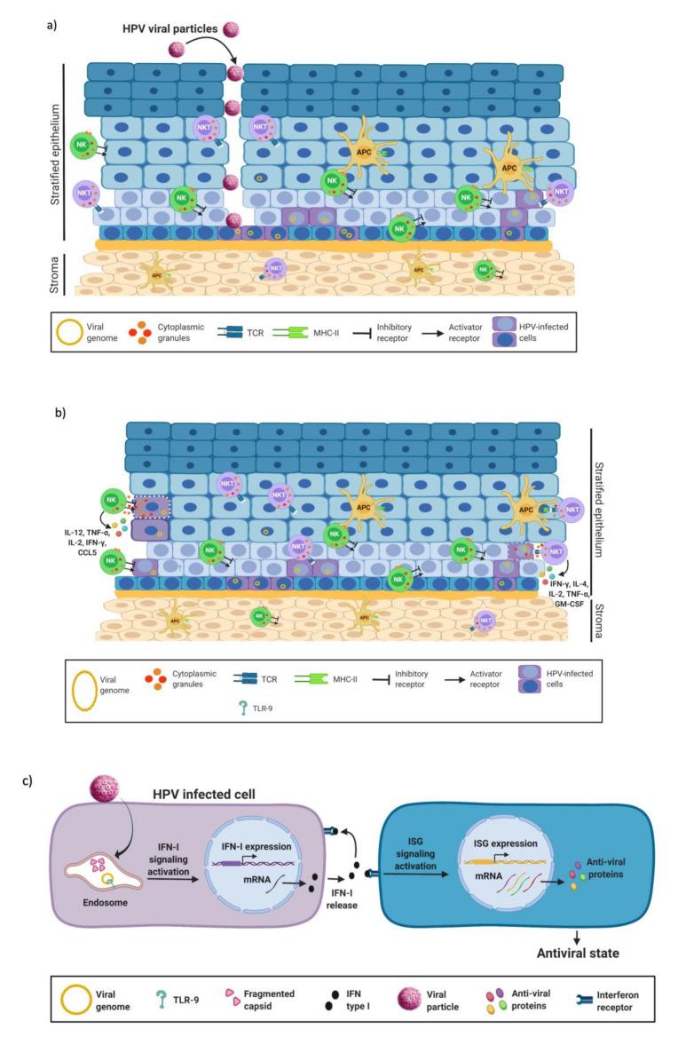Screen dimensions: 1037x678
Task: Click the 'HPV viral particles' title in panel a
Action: (173, 29)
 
